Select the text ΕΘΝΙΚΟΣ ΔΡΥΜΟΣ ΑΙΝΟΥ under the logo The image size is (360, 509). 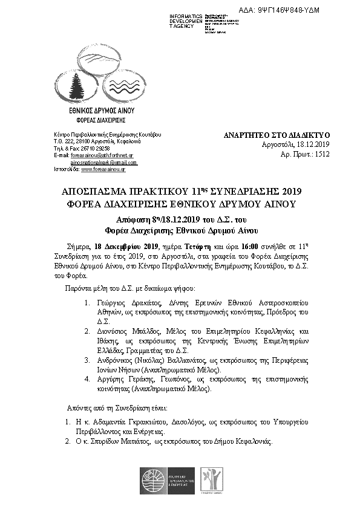[x=102, y=112]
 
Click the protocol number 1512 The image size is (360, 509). [x=321, y=155]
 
